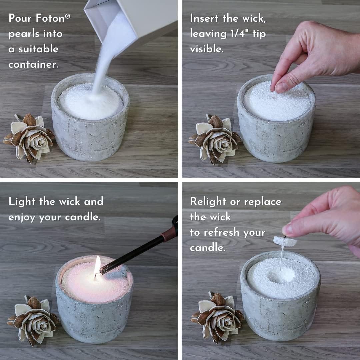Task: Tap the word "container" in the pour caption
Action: [x=33, y=64]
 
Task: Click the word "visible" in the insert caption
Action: [x=206, y=49]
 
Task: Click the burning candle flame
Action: [x=97, y=266]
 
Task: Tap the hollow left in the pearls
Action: [x=282, y=275]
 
